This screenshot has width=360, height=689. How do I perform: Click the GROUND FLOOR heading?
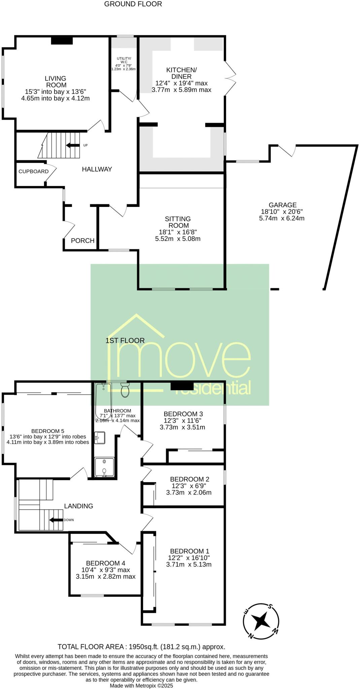click(x=133, y=4)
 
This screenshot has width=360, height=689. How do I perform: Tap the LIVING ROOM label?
click(x=56, y=82)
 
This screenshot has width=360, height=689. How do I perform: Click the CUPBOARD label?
click(x=33, y=171)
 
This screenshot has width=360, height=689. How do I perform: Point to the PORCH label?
click(x=82, y=241)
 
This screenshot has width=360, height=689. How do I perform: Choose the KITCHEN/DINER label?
click(x=181, y=73)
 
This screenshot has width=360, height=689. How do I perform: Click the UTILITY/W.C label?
click(x=124, y=60)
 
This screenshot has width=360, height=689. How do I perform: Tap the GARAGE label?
click(x=282, y=205)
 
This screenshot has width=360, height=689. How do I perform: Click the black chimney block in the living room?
click(x=62, y=40)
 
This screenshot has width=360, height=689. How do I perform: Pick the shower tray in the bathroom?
click(x=104, y=467)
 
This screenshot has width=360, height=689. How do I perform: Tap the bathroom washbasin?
click(x=100, y=438)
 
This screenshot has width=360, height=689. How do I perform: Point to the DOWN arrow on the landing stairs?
click(x=56, y=520)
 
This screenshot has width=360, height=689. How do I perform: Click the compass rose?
click(x=261, y=621)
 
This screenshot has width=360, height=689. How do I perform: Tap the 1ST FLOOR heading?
click(x=125, y=340)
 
